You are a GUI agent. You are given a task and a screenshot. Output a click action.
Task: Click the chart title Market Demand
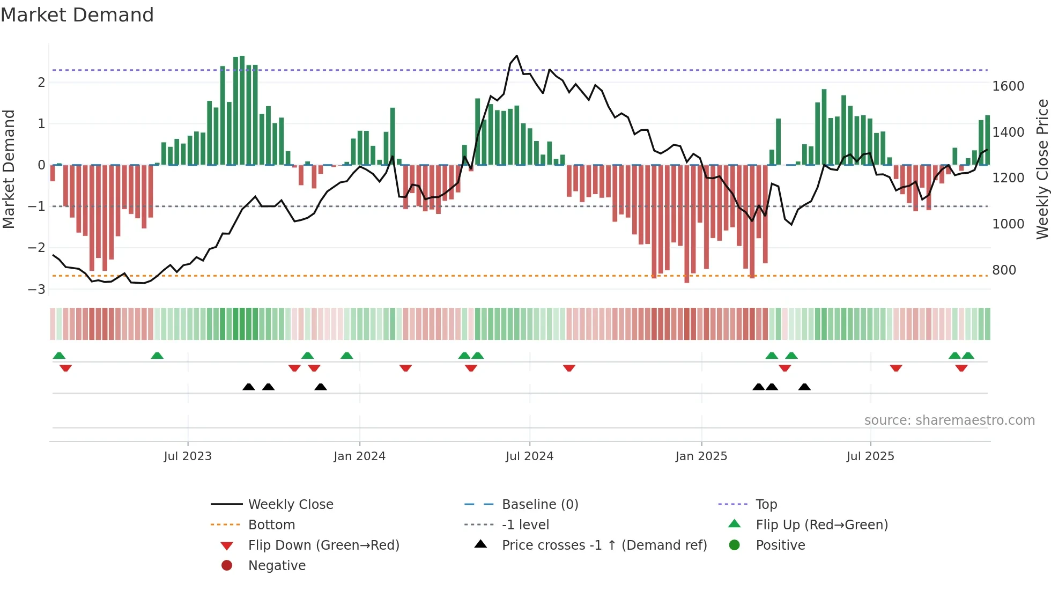point(77,15)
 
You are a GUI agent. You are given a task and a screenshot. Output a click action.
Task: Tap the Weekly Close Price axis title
point(1042,169)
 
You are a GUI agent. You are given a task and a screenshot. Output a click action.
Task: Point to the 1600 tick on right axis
point(1008,86)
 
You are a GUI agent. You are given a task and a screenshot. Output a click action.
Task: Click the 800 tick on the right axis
point(1004,270)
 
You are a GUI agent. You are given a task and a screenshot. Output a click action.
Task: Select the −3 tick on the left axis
point(37,290)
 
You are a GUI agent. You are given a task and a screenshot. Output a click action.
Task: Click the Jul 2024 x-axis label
point(529,456)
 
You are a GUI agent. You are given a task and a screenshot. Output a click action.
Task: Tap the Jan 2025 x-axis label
point(701,456)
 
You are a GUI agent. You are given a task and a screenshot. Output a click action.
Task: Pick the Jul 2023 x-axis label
point(188,456)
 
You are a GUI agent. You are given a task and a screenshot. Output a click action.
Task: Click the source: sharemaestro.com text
point(949,420)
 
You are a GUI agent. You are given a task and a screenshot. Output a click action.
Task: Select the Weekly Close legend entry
point(291,505)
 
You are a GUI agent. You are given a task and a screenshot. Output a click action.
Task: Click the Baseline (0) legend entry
point(540,505)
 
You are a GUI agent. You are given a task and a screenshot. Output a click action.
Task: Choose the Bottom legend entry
point(271,525)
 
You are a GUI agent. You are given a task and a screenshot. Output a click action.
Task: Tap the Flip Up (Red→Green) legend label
point(821,525)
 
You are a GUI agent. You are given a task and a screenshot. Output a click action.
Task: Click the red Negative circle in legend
point(227,566)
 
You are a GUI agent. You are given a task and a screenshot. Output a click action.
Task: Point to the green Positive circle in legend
point(735,545)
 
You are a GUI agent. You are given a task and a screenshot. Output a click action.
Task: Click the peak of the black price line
point(516,56)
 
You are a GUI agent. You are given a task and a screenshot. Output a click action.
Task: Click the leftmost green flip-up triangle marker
point(59,356)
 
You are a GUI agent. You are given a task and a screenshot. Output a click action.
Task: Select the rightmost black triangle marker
point(804,387)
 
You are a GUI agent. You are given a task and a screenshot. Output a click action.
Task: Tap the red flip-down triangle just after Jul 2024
point(569,368)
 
